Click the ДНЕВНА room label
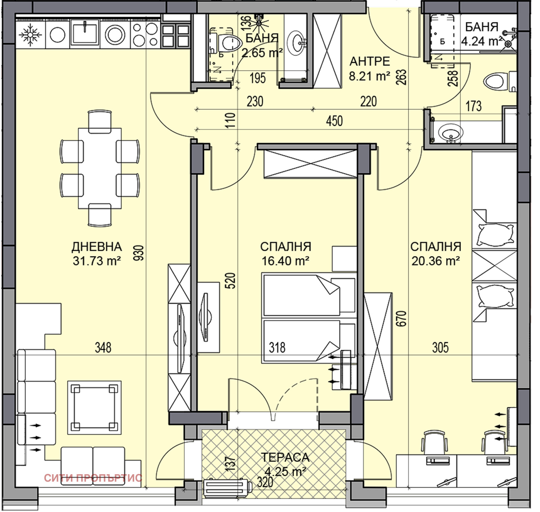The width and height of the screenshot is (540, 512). point(97,247)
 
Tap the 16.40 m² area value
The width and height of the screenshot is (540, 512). point(286,260)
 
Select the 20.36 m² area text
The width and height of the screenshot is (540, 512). point(435,260)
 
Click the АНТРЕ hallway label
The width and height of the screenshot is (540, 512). point(370,61)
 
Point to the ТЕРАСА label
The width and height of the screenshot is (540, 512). point(285,457)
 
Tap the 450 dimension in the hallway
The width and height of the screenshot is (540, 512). point(334,121)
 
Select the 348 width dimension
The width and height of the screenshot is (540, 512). point(103,347)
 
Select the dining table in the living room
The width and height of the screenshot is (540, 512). point(100,168)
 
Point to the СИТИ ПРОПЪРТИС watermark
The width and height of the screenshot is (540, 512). point(93,478)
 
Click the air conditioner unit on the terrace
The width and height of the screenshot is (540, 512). point(228,488)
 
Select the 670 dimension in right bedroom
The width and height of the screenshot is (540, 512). point(402,318)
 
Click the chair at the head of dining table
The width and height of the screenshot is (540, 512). point(100,120)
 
